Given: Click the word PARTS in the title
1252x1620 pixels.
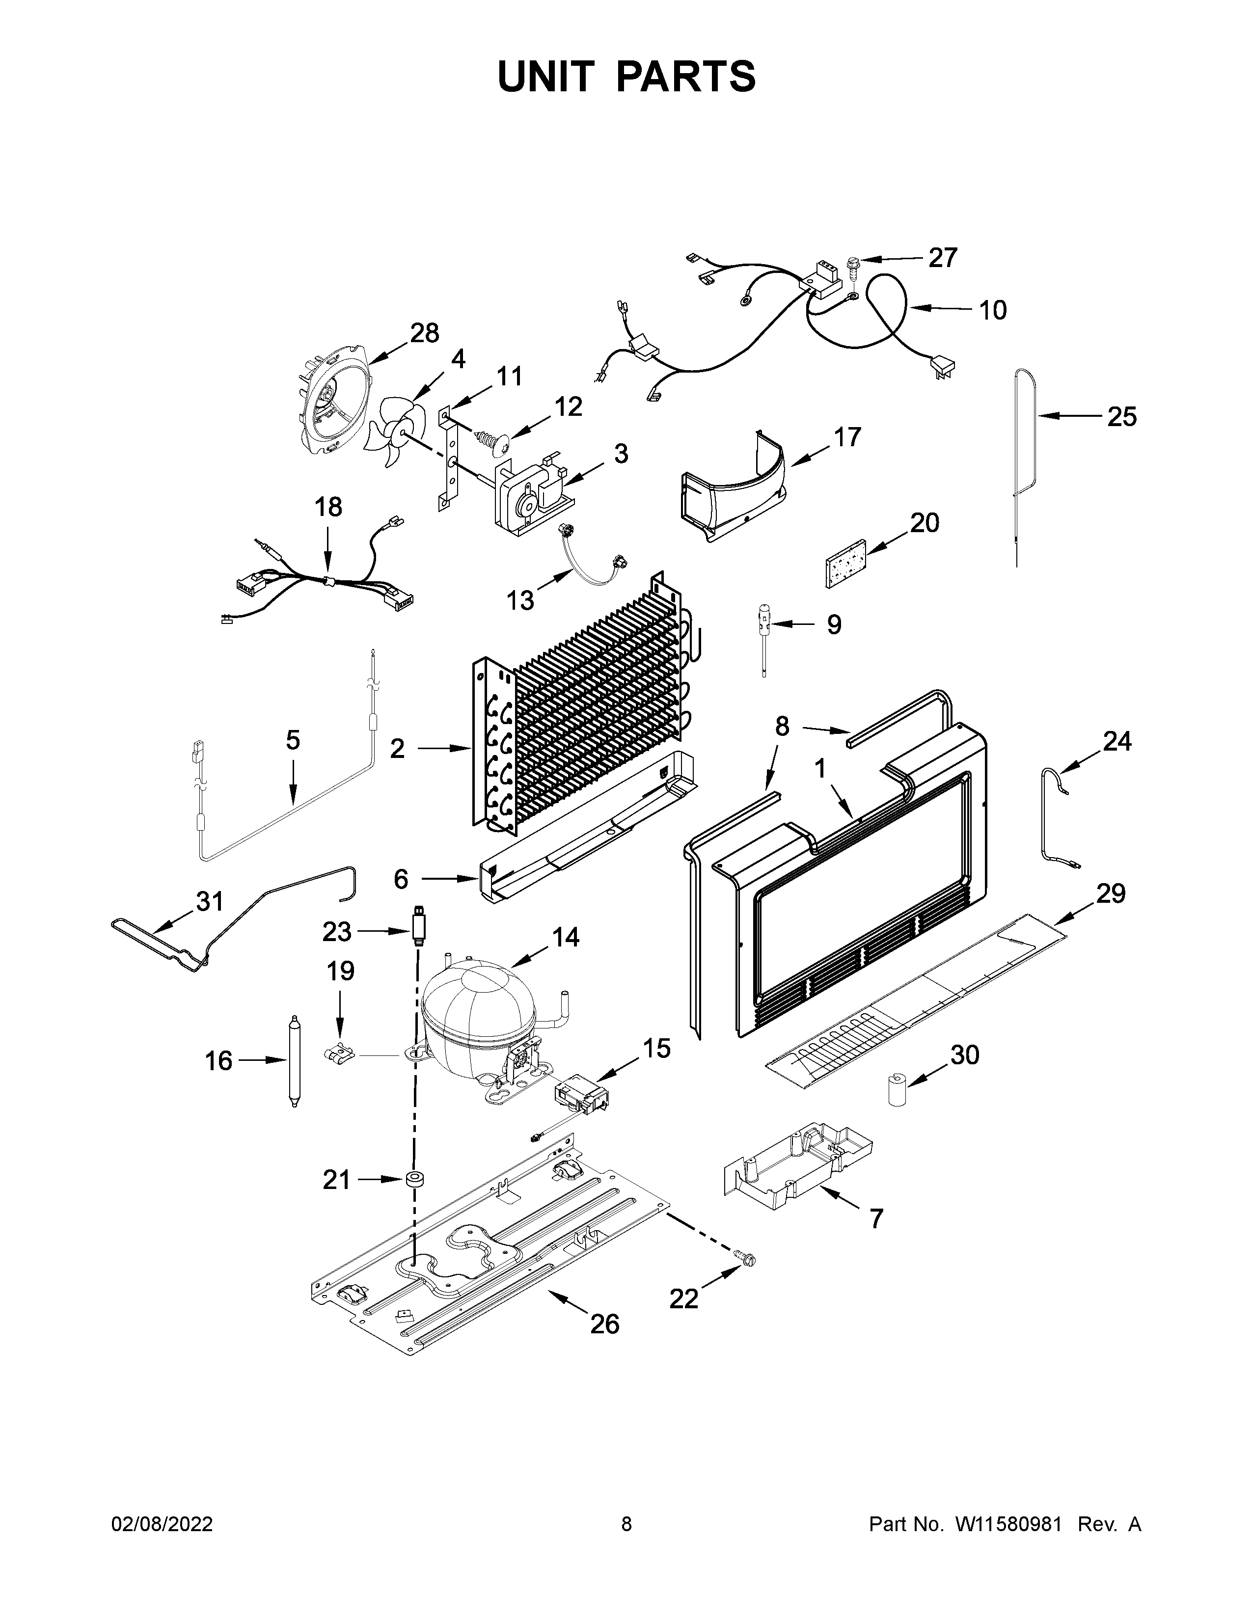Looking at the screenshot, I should (685, 77).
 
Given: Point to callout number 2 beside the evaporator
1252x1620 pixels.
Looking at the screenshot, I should (398, 749).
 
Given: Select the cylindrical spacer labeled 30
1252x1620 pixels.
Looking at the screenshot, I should (898, 1090).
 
